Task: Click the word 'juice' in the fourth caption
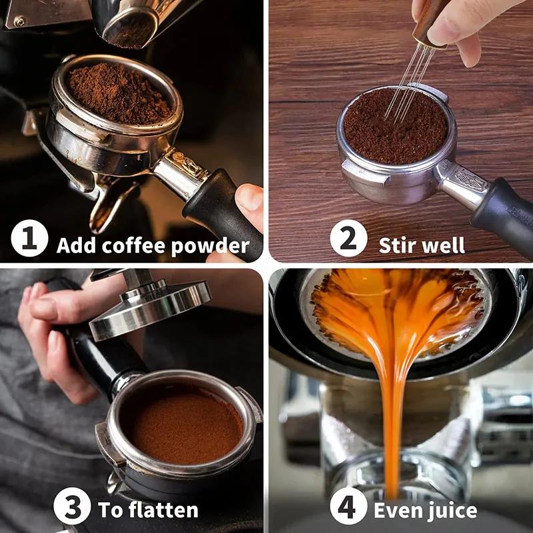coord(452,510)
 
